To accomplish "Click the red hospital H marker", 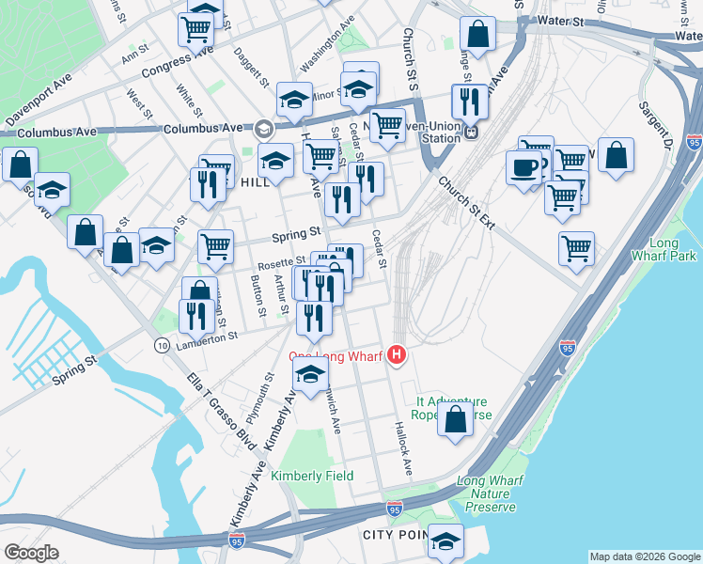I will pos(398,354).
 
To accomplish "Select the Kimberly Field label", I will pos(312,476).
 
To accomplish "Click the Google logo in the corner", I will pos(31,553).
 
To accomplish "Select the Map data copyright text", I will pos(645,556).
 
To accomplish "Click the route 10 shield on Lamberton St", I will pos(164,347).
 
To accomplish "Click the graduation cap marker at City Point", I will pos(445,540).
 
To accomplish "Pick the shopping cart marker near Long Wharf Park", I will pos(575,249).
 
